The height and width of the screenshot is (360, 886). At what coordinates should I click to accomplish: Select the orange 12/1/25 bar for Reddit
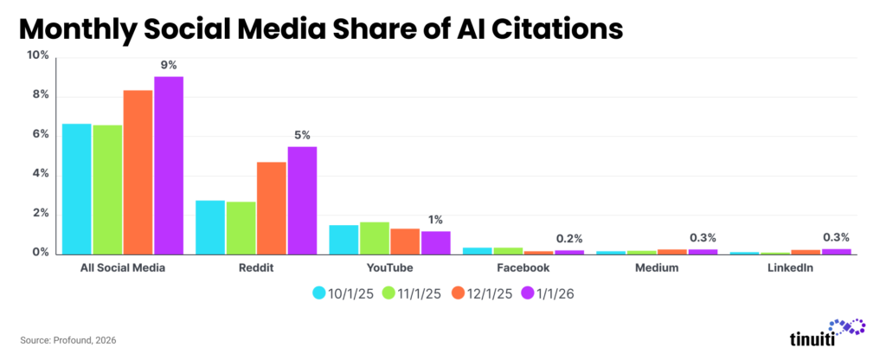pos(271,208)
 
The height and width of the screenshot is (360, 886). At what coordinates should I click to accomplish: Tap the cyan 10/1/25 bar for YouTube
pos(343,239)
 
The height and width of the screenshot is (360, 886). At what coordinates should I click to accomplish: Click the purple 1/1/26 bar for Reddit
pos(302,200)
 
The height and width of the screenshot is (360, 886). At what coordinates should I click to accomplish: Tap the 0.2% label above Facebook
pos(568,238)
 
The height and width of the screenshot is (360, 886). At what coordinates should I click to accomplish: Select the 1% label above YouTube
pos(435,220)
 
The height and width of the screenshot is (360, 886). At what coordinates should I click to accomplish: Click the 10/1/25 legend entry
pos(343,293)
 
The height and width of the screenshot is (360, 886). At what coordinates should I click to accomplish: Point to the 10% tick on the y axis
pos(38,55)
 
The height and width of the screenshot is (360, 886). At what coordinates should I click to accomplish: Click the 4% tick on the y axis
pos(41,174)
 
